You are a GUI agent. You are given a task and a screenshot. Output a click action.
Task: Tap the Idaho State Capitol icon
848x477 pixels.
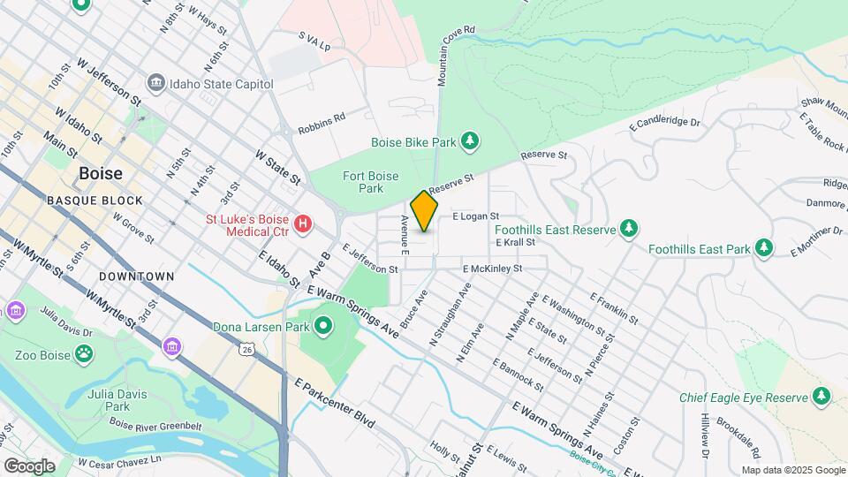coord(156,83)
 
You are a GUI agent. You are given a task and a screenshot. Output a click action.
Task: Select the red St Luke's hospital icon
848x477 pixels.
coord(303,224)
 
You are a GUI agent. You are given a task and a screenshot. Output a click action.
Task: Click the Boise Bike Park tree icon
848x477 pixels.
coord(471,140)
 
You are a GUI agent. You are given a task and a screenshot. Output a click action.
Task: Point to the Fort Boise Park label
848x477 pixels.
coord(364,182)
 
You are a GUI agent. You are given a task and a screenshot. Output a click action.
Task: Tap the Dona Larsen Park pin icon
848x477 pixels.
coord(323,327)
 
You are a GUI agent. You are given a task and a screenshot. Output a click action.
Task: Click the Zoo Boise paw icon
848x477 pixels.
coord(83,354)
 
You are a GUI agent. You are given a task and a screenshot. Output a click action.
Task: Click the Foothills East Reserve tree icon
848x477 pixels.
coord(628,230)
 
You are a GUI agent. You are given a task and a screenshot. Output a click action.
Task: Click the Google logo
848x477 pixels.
coord(28,466)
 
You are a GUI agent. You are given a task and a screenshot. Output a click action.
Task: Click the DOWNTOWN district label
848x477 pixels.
coord(136,276)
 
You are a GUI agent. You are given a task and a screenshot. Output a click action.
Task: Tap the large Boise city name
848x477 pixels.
coord(101,173)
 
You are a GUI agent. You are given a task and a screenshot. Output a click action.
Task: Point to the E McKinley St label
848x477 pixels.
coord(492,269)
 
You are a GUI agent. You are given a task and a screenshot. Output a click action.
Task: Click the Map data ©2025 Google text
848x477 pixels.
coord(791,470)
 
